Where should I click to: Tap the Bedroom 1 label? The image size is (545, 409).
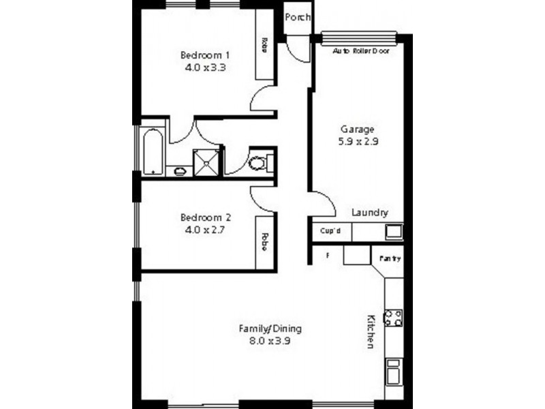click(x=204, y=55)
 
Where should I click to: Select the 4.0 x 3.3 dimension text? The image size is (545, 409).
click(x=204, y=68)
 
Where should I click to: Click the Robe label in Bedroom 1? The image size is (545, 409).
click(x=263, y=45)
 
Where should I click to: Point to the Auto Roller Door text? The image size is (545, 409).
click(x=360, y=51)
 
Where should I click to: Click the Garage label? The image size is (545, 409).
click(x=358, y=130)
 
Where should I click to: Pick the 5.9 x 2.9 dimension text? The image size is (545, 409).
click(x=358, y=142)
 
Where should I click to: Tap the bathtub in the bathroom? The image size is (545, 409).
click(x=154, y=150)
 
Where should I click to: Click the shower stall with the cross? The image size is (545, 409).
click(x=206, y=162)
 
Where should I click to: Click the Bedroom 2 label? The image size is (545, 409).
click(x=205, y=217)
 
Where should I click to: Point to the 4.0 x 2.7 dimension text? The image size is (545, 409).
click(x=205, y=230)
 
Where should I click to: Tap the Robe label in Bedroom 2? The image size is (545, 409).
click(x=263, y=241)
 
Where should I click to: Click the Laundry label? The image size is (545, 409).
click(x=370, y=212)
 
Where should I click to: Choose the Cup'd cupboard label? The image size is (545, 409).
click(x=330, y=232)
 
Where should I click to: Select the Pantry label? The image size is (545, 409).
click(x=390, y=259)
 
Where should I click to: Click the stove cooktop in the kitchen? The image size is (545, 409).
click(x=393, y=317)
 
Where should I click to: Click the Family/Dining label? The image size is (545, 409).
click(x=270, y=329)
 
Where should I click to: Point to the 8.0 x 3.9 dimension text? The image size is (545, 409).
click(x=270, y=342)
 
